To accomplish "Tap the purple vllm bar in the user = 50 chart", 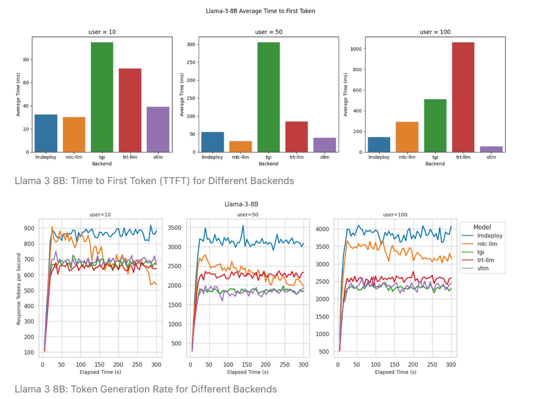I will [x=324, y=145].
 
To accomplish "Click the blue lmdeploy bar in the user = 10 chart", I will [x=46, y=133].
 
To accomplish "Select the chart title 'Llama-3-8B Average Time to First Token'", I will [x=261, y=10].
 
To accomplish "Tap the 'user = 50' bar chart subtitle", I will [x=268, y=32].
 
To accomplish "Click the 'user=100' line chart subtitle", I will [x=395, y=214].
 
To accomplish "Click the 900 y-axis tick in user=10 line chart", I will [x=29, y=228].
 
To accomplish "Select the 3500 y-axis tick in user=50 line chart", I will [x=176, y=227].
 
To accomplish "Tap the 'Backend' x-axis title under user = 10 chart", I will [x=102, y=164].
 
